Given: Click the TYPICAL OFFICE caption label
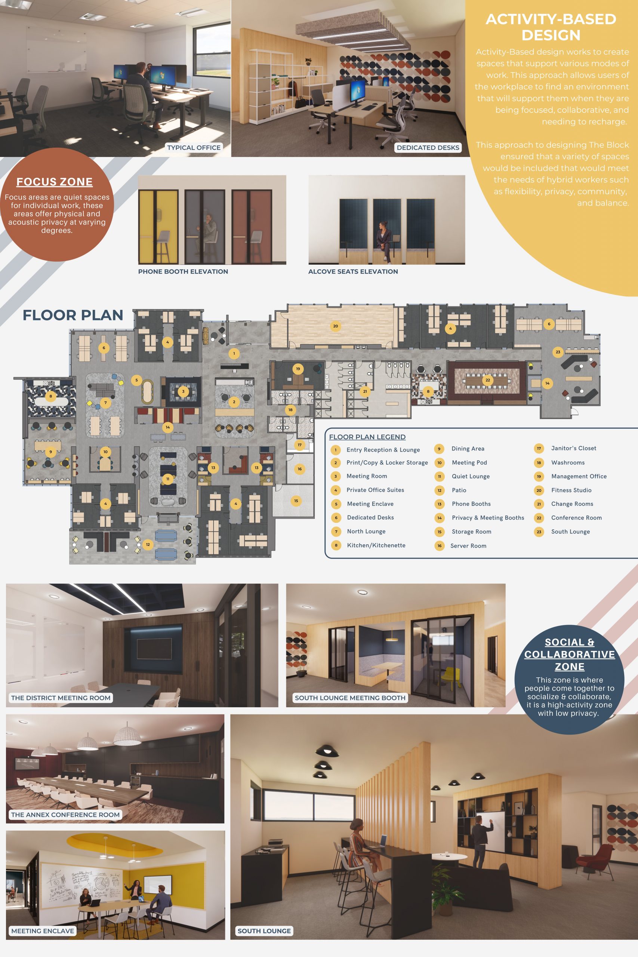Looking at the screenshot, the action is coord(194,147).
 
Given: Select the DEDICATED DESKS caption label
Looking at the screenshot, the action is coord(428,147).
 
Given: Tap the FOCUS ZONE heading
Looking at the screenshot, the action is coord(55,182).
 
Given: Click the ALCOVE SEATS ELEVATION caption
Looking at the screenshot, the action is coord(353,271).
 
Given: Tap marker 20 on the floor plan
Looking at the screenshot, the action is coord(335,326).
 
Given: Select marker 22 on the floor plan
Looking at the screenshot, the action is coord(487,380).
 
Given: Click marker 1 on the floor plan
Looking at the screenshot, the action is coord(234,354).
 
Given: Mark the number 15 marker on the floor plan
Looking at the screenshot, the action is coord(296,501).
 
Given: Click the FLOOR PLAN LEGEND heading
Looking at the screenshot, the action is coord(367,437).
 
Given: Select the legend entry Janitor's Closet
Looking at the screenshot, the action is coord(574,448).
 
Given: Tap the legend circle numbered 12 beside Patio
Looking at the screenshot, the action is coord(440,490).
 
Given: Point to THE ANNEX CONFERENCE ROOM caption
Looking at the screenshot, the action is coord(65,815).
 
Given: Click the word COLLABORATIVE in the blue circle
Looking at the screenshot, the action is coord(569,654).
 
